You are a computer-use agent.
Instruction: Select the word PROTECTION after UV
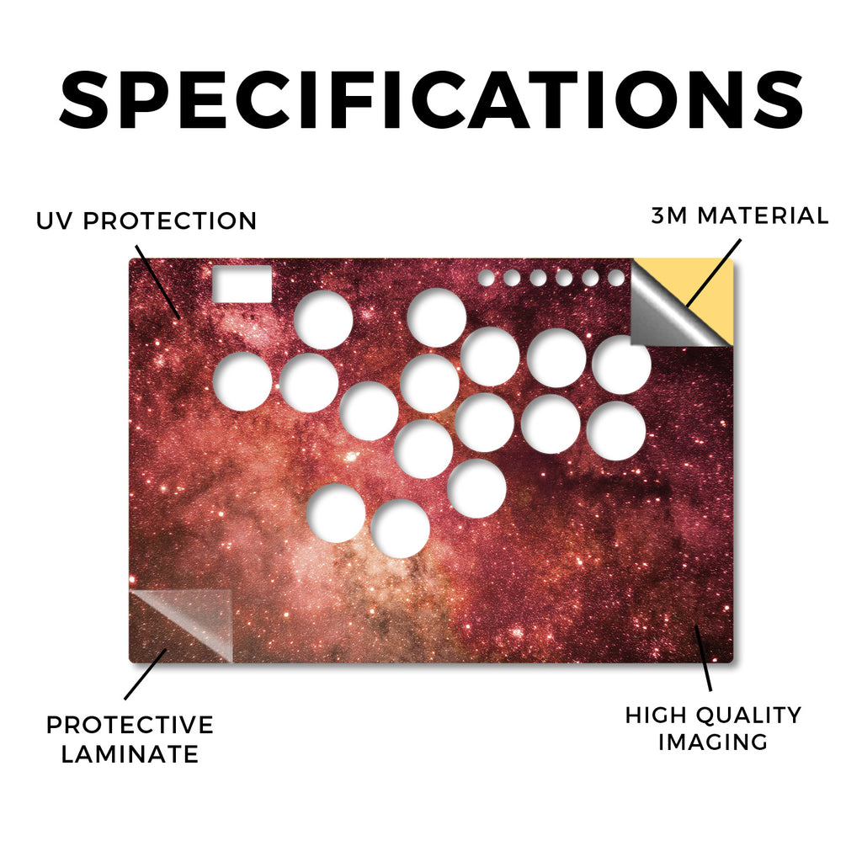(170, 221)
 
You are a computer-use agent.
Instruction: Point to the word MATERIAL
(763, 215)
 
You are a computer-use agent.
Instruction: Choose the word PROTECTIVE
(130, 725)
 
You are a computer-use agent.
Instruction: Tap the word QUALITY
(749, 716)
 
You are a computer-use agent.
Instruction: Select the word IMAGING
(713, 742)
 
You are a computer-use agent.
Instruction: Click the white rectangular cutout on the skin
(242, 284)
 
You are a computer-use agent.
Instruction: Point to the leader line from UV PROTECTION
(157, 282)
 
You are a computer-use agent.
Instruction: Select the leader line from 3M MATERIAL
(713, 273)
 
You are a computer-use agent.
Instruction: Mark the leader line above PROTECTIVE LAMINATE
(145, 674)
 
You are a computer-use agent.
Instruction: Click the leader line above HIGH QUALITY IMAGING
(703, 658)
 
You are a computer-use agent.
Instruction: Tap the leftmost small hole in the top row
(486, 278)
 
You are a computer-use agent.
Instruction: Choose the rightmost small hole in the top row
(616, 278)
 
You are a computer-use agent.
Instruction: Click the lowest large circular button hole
(400, 529)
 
